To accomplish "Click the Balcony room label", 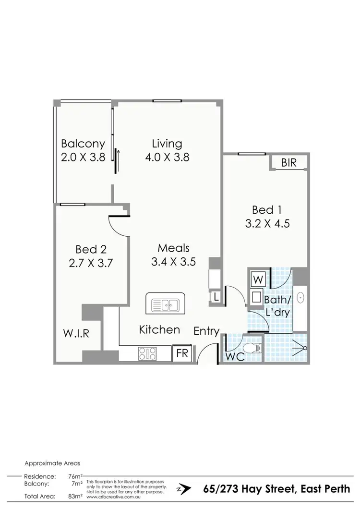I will (x=83, y=144).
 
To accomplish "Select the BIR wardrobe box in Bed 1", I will (x=288, y=163).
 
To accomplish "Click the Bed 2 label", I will (x=91, y=249).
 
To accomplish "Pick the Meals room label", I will (x=174, y=248).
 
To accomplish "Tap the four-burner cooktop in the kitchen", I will (x=147, y=354).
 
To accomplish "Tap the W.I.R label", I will (x=77, y=333).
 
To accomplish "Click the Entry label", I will (x=206, y=331).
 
